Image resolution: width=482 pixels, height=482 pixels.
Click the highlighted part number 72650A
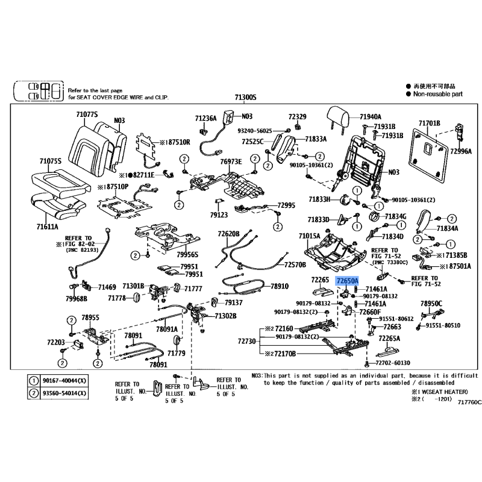click(348, 281)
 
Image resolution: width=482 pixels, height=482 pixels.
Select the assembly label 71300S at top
click(246, 98)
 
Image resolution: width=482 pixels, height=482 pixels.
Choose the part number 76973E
click(230, 161)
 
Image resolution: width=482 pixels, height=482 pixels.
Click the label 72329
click(297, 116)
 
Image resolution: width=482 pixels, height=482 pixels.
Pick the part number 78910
click(279, 286)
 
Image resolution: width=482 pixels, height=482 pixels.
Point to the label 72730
click(246, 342)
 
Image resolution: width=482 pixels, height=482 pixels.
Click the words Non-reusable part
click(438, 94)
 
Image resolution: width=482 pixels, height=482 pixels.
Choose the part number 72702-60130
click(392, 363)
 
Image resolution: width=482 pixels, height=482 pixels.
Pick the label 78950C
click(431, 303)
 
